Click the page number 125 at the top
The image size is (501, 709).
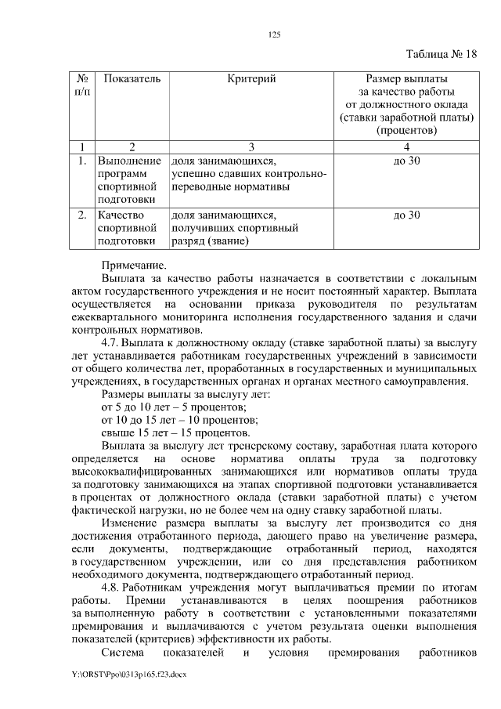tap(274, 34)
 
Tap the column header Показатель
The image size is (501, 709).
tap(132, 79)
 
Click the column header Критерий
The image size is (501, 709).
tap(251, 79)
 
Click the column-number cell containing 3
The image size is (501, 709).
tap(251, 147)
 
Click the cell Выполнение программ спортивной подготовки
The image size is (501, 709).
tap(128, 181)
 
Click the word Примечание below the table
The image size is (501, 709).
tap(134, 265)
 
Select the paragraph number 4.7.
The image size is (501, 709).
tap(110, 342)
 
